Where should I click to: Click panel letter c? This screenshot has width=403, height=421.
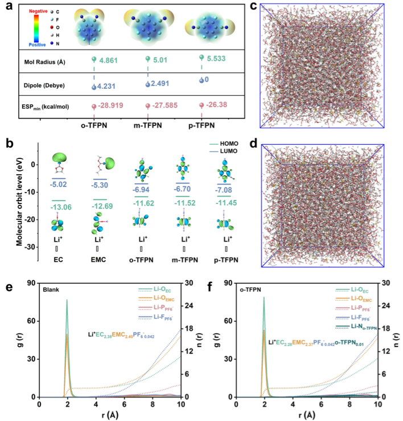click(x=253, y=6)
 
